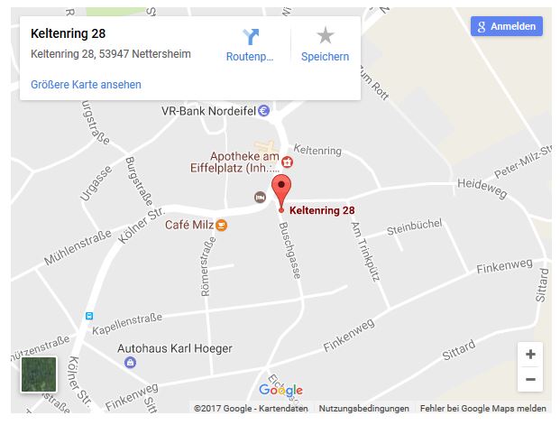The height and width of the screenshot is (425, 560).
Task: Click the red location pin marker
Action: [281, 192]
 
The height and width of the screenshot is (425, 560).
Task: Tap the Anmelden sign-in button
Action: [506, 27]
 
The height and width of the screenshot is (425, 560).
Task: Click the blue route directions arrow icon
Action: [250, 36]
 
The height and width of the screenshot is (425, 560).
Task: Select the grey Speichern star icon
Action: [325, 36]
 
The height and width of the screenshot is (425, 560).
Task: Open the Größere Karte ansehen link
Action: [86, 85]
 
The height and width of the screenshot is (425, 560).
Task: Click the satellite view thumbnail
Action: [39, 374]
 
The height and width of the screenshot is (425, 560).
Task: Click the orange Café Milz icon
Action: [221, 225]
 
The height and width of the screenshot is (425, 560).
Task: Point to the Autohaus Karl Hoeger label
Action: [175, 348]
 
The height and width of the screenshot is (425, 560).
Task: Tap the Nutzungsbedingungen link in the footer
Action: [363, 409]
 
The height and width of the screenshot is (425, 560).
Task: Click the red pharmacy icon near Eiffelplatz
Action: [287, 162]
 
